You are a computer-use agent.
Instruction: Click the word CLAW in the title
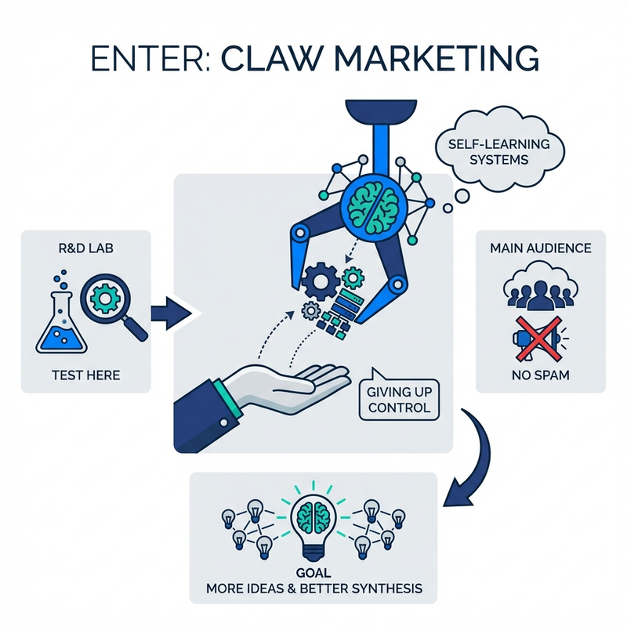(x=264, y=59)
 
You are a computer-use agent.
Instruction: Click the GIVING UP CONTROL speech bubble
(x=398, y=400)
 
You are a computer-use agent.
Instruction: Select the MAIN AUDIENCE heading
(x=540, y=250)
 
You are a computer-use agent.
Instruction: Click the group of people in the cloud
(x=540, y=289)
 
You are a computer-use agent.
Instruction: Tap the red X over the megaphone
(x=540, y=336)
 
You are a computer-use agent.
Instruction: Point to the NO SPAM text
(x=540, y=376)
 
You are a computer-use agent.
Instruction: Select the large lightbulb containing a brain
(x=313, y=521)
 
